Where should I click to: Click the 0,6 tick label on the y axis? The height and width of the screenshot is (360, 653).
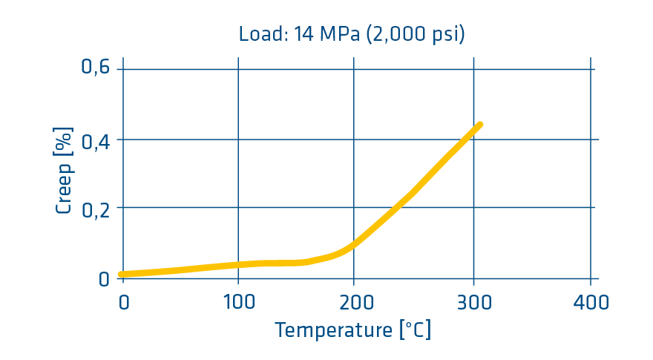tap(95, 68)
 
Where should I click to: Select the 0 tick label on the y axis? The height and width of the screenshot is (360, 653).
tap(104, 279)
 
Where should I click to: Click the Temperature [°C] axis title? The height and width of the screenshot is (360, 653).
tap(352, 330)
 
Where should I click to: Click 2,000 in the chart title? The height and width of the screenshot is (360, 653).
tap(401, 34)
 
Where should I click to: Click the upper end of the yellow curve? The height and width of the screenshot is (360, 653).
tap(479, 125)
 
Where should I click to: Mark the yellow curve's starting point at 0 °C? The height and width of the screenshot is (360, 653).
tap(122, 274)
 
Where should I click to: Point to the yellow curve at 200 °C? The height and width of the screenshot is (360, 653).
tap(354, 244)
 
